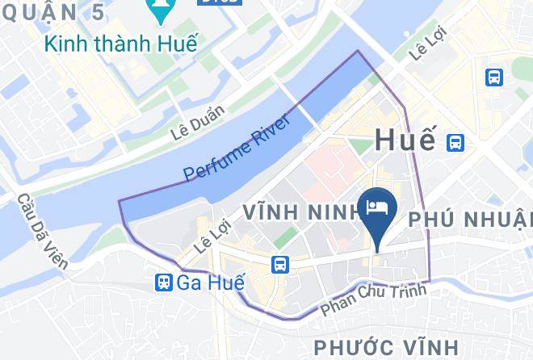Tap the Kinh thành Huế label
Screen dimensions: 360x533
121,44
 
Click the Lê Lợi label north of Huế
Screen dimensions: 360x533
428,48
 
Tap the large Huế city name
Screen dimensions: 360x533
405,140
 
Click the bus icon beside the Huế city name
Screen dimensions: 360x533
455,142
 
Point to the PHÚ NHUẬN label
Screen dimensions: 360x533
472,219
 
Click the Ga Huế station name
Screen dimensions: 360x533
203,282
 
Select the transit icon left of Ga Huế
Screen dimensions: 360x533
164,282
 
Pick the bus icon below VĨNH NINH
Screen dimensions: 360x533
280,264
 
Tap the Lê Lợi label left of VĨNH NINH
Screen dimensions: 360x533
208,234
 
